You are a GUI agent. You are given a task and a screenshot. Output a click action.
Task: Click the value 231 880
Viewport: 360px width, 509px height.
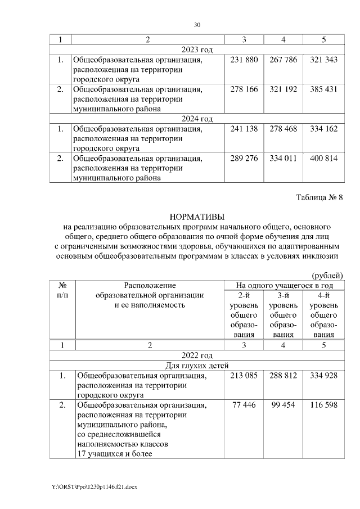click(244, 60)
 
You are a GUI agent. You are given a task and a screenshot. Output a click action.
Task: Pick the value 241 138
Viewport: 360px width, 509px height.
click(244, 129)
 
